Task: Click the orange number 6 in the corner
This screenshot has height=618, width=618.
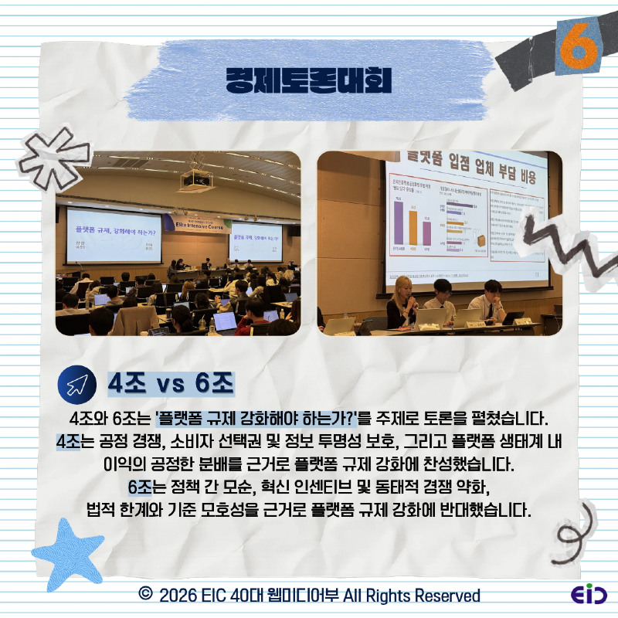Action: [x=579, y=45]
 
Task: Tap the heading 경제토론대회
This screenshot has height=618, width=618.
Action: [x=308, y=79]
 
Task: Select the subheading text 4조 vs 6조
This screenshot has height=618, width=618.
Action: [x=170, y=384]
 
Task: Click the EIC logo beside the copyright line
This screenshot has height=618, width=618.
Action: [x=589, y=595]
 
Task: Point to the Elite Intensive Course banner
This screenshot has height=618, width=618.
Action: [x=202, y=224]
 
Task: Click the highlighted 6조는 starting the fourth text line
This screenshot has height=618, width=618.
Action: [x=146, y=489]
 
